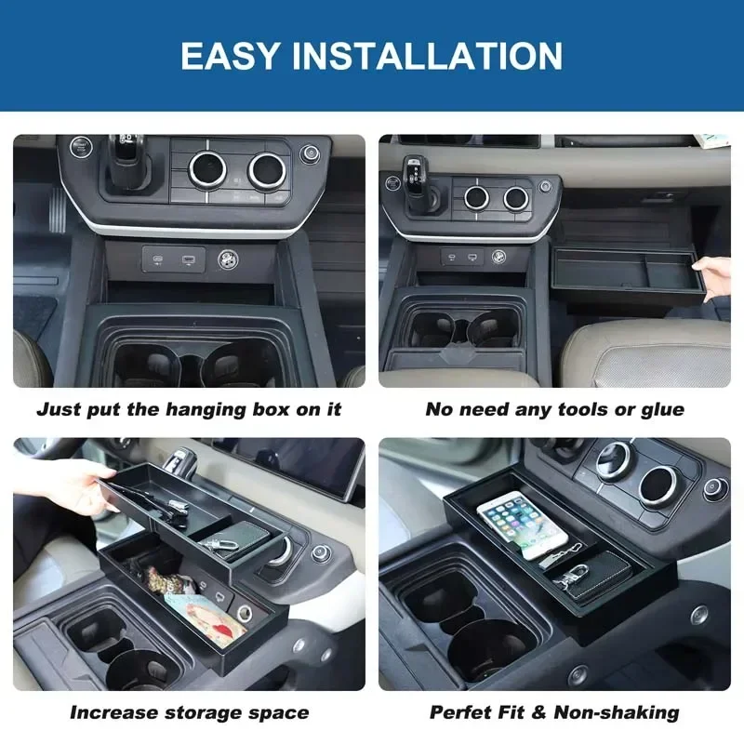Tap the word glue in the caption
point(663,409)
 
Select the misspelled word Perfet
point(462,713)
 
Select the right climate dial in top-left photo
point(266,170)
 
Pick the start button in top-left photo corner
point(81,146)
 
